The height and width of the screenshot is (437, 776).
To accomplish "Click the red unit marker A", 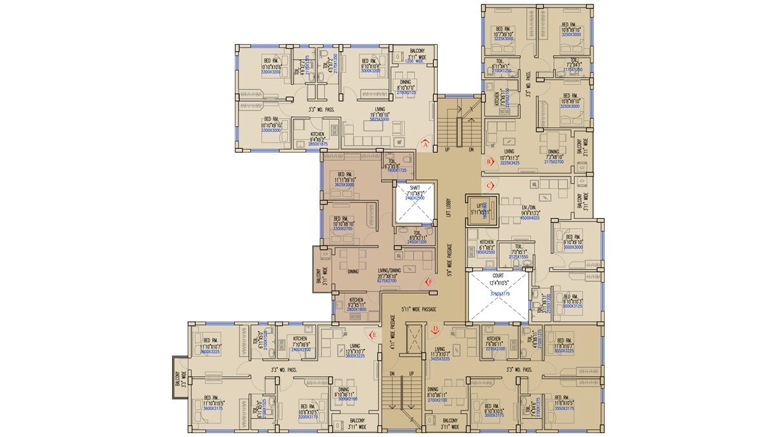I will click(425, 144).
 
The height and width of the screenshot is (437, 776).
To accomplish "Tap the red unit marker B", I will click(490, 160).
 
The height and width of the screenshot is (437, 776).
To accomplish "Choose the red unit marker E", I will click(372, 335).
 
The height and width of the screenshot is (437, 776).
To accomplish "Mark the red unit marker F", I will click(429, 282).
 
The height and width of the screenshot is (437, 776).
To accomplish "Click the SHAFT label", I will click(415, 187).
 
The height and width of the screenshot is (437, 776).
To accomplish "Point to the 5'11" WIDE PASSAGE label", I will click(420, 309).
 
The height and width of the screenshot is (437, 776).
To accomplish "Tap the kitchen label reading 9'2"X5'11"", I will click(356, 304).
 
